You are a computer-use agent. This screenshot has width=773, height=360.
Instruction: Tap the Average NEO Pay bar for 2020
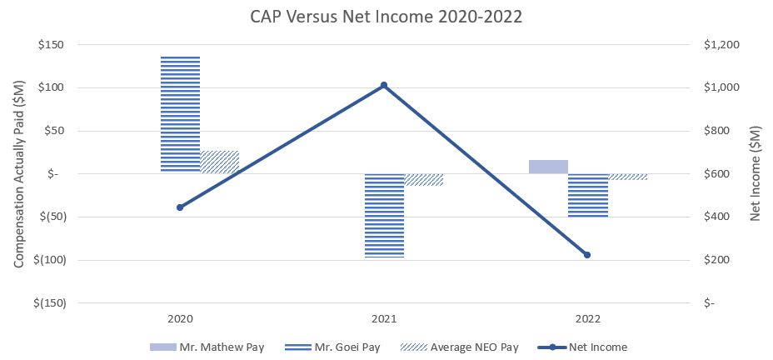pos(220,162)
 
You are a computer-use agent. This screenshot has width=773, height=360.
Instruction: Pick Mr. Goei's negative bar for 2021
pos(384,216)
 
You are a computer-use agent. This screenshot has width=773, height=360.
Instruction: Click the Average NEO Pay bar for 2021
pos(424,179)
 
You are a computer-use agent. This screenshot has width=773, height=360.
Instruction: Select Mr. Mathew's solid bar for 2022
pos(548,167)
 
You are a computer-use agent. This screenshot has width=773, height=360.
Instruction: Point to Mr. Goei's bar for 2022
pos(588,195)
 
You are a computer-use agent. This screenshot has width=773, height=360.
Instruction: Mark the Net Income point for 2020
pos(180,207)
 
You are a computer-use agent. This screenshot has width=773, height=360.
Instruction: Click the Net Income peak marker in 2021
pos(384,85)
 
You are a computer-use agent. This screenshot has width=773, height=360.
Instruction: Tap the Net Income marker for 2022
pos(587,255)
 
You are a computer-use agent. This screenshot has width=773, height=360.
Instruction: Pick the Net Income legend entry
pos(584,347)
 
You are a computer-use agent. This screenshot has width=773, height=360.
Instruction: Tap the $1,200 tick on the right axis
pos(722,44)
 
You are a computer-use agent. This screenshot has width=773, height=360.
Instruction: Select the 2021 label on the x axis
pos(384,318)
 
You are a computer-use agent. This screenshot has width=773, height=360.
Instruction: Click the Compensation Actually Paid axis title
pos(18,173)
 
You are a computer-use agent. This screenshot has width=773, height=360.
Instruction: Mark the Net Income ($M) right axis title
pos(755,173)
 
